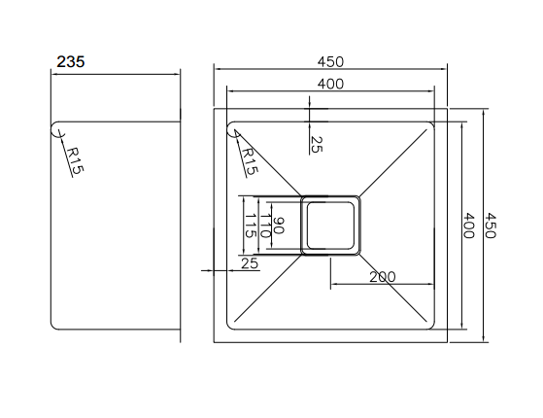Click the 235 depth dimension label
click(71, 60)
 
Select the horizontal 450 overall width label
click(330, 61)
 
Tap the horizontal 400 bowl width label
click(330, 85)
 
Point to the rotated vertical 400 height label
click(469, 226)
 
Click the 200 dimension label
click(383, 277)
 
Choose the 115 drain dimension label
click(251, 226)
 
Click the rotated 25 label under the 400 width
click(316, 144)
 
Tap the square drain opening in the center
click(331, 225)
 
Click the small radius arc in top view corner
click(233, 131)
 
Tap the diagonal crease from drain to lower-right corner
click(396, 289)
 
